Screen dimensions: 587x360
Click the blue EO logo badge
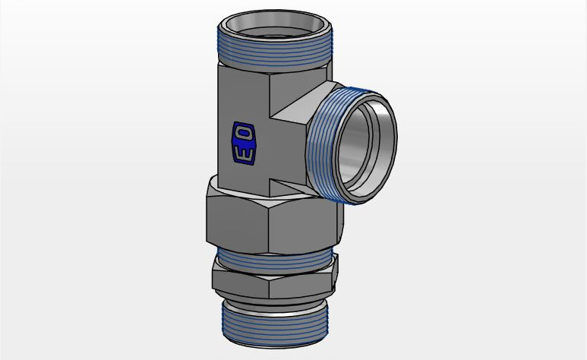244,144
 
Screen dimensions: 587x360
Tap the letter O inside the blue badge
245,134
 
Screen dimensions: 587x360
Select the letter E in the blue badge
244,153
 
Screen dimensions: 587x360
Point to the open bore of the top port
274,28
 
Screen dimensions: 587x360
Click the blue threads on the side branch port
323,142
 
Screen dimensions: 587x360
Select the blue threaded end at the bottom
275,326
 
